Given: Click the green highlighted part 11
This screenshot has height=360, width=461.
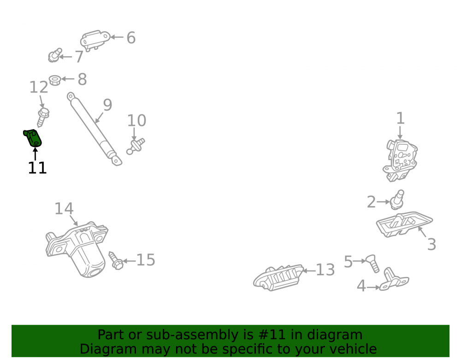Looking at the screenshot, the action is [x=33, y=138].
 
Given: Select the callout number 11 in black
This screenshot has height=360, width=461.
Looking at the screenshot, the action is [x=37, y=168].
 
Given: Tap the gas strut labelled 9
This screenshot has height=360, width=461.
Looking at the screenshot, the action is [x=94, y=129].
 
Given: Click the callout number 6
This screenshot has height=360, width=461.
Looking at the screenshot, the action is [x=131, y=38].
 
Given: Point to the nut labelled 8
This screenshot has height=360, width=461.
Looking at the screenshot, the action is [x=55, y=80].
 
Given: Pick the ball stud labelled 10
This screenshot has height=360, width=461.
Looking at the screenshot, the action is [x=136, y=146].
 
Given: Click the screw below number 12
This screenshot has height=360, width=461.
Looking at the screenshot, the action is [x=43, y=117].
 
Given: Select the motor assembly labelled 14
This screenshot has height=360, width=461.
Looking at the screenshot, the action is [x=77, y=249].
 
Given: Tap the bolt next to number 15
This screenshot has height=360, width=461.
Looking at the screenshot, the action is [x=116, y=261].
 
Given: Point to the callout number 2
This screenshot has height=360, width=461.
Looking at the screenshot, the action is [x=371, y=202].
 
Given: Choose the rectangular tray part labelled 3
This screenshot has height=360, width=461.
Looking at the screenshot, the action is [x=404, y=224].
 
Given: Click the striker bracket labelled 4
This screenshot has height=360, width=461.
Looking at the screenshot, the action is [x=394, y=280].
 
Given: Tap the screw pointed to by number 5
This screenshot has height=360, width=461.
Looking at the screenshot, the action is [x=372, y=263].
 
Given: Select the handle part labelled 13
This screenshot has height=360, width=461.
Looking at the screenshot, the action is [x=278, y=277].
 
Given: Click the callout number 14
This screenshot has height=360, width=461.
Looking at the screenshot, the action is [x=64, y=209].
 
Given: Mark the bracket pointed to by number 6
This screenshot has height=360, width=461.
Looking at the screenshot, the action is [x=95, y=40].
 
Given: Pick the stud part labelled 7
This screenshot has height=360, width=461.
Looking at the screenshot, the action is [x=55, y=55].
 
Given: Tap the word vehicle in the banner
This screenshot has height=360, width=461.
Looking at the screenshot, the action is [x=354, y=349].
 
